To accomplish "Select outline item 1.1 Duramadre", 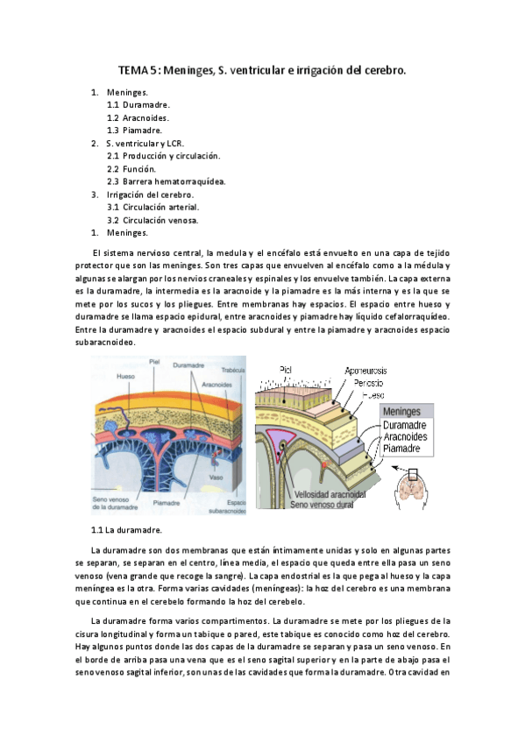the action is pos(138,104).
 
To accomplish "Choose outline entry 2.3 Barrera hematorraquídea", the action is pos(167,181).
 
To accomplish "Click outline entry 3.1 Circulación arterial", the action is pos(153,207).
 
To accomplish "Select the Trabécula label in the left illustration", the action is pos(232,370).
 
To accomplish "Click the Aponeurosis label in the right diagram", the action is pos(372,371).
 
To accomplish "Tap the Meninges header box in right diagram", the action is pos(409,412).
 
